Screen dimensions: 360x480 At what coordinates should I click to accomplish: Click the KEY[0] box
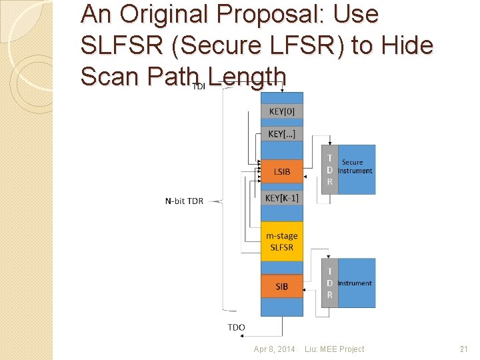click(x=281, y=111)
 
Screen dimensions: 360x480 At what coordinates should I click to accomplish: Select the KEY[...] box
click(x=281, y=134)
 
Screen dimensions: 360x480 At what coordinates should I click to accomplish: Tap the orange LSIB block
click(x=281, y=171)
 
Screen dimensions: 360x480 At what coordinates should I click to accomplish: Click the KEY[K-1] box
click(x=281, y=197)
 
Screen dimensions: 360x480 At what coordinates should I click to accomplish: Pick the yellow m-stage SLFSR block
click(x=281, y=241)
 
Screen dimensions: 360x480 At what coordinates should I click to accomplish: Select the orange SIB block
click(x=281, y=286)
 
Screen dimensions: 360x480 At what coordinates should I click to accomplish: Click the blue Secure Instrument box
click(x=356, y=169)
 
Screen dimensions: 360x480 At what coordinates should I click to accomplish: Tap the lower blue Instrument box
click(x=356, y=283)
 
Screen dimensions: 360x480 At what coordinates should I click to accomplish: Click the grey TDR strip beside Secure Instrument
click(x=329, y=170)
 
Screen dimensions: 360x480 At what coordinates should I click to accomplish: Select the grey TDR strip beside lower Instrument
click(x=329, y=283)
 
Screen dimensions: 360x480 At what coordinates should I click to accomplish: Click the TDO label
click(x=236, y=327)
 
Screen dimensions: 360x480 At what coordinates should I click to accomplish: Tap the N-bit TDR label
click(x=185, y=200)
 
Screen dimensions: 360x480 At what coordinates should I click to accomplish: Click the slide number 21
click(x=464, y=349)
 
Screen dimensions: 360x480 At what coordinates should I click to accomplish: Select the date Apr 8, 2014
click(x=274, y=349)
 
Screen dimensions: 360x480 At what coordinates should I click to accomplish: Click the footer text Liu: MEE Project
click(x=334, y=349)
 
